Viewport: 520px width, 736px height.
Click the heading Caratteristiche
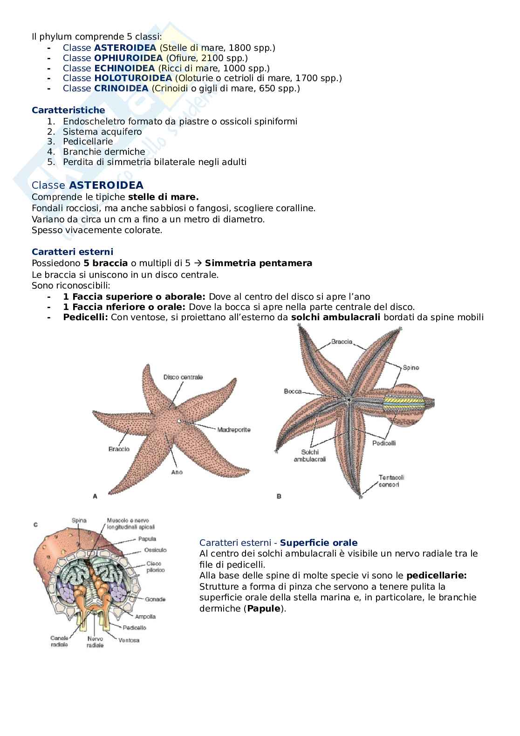click(68, 110)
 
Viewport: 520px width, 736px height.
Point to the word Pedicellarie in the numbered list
click(88, 141)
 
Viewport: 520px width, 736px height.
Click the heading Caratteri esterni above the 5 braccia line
click(72, 252)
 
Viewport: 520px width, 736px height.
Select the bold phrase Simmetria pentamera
click(258, 263)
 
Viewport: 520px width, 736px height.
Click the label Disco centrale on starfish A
click(183, 377)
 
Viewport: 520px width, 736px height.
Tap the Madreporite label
click(234, 429)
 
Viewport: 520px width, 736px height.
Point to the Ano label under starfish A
click(177, 472)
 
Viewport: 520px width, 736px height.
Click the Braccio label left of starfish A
click(119, 449)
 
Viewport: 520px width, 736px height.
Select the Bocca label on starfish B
click(293, 392)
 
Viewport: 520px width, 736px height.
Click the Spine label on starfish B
click(411, 367)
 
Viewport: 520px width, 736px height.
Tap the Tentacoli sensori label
click(391, 481)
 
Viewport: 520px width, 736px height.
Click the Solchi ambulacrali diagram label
click(310, 455)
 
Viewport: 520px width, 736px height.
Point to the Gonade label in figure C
click(155, 599)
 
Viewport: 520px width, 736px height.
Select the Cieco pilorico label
click(155, 566)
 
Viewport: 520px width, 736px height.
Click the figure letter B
click(279, 496)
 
